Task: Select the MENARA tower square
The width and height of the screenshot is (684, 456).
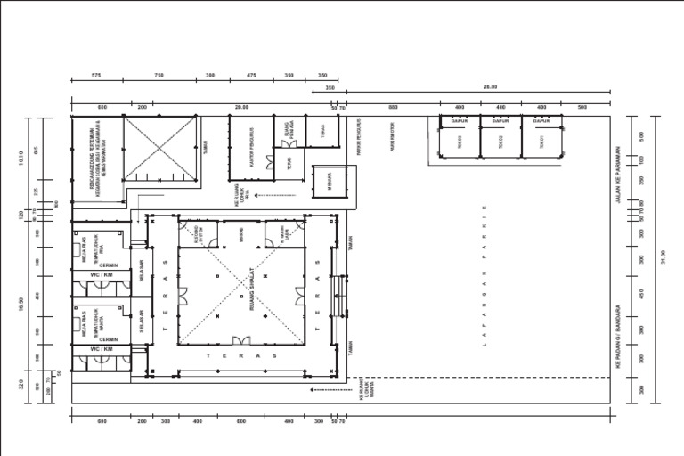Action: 329,182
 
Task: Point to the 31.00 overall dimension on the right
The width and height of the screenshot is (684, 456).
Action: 663,257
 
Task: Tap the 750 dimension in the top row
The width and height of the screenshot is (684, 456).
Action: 159,76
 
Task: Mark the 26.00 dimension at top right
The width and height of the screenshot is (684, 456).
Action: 490,87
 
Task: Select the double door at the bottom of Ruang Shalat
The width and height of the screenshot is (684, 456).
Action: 241,342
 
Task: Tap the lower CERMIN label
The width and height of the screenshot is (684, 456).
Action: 109,339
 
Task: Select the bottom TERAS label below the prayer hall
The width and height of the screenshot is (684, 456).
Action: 241,356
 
